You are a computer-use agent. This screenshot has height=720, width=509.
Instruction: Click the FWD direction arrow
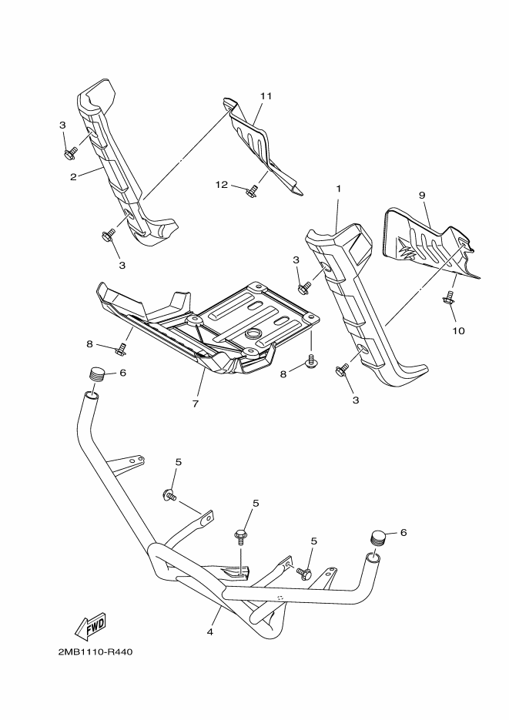[90, 626]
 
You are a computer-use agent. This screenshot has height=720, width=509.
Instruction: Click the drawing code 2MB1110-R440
[95, 651]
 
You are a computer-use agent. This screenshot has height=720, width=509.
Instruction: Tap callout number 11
[266, 96]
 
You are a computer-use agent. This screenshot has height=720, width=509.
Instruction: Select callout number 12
[221, 184]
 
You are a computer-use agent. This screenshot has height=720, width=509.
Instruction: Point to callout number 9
[421, 196]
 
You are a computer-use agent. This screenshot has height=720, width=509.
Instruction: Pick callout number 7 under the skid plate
[196, 404]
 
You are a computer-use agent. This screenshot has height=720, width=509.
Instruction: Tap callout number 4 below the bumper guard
[209, 633]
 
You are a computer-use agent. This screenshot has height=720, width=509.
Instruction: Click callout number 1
[337, 189]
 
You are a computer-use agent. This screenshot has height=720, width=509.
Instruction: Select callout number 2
[72, 176]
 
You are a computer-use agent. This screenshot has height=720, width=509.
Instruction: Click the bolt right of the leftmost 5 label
[169, 495]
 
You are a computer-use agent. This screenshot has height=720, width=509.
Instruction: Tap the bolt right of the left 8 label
[120, 351]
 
